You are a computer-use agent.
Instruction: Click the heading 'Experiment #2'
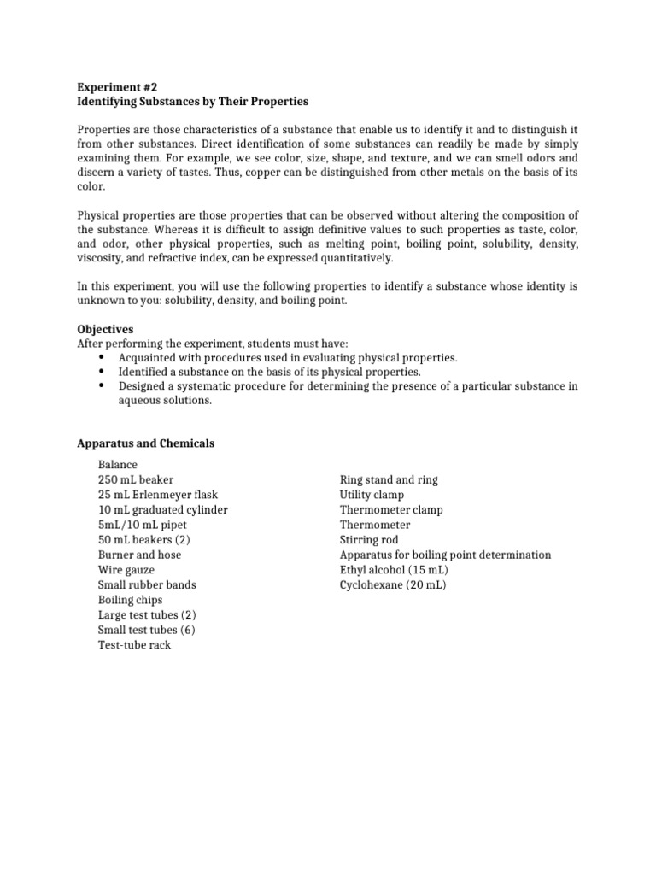tap(117, 86)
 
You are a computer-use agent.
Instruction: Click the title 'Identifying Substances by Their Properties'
tap(192, 102)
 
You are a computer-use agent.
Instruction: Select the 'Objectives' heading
tap(105, 329)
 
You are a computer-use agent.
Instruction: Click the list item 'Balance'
tap(118, 465)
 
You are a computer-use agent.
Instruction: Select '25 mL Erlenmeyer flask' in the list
tap(156, 495)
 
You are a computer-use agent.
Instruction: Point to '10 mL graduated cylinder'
tap(163, 510)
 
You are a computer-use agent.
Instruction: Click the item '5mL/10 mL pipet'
tap(143, 525)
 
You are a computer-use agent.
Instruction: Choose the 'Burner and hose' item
tap(140, 555)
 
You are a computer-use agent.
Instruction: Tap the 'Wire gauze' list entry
tap(126, 570)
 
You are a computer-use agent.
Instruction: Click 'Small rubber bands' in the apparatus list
tap(147, 585)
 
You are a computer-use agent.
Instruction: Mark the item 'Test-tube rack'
tap(135, 645)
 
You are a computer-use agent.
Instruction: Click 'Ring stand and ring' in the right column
tap(389, 480)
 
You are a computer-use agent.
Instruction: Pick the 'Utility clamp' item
tap(372, 495)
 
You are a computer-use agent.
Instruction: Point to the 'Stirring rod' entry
tap(369, 540)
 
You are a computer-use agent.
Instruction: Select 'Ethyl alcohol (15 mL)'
tap(395, 570)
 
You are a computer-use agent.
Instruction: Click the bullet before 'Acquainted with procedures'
tap(102, 357)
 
